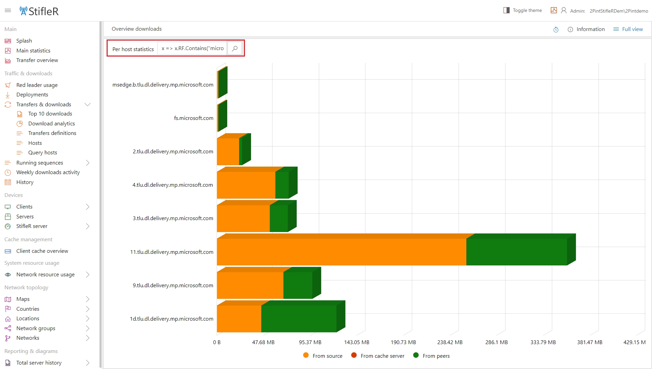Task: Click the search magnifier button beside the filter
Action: [x=235, y=48]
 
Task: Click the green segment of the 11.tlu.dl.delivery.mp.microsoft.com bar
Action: [x=516, y=252]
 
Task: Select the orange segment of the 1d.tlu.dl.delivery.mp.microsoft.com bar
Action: [x=239, y=319]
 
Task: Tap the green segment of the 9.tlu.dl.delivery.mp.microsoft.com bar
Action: [x=297, y=285]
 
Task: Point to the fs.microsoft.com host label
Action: [x=193, y=118]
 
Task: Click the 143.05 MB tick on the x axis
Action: [x=356, y=342]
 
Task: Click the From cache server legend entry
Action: [x=378, y=356]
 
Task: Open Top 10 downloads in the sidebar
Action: [x=50, y=114]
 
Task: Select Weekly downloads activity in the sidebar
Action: [x=48, y=172]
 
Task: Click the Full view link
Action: [x=628, y=29]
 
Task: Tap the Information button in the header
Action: [x=586, y=29]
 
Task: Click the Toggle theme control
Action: [x=523, y=11]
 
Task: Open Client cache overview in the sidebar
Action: [x=42, y=251]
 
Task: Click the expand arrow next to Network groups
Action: [x=88, y=328]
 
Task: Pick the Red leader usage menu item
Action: [x=37, y=85]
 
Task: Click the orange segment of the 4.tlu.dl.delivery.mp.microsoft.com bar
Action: [x=246, y=185]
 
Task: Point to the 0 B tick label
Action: [x=217, y=342]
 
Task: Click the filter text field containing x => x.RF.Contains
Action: [x=192, y=48]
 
